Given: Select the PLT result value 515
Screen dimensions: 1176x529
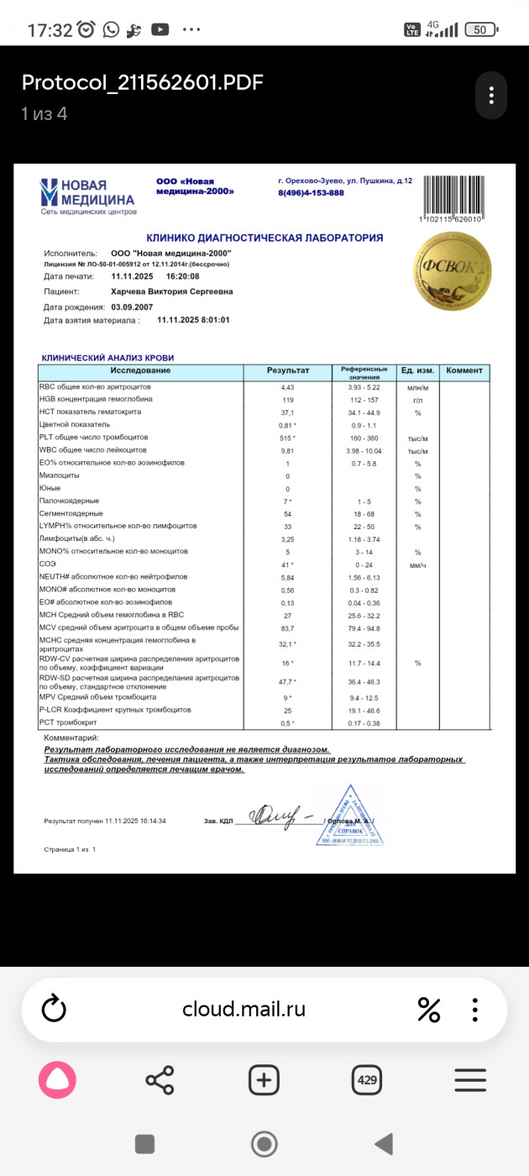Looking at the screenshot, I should coord(287,438).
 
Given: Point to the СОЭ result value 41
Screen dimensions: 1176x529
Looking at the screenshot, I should coord(287,564).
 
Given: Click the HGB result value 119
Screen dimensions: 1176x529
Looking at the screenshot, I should coord(287,400).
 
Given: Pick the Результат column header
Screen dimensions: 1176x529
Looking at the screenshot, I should coord(288,371).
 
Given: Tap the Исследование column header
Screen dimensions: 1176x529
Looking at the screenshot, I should coord(140,371).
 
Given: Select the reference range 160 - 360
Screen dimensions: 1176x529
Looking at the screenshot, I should coord(364,438).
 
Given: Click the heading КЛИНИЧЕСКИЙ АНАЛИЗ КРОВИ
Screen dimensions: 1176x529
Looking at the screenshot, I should coord(107,358).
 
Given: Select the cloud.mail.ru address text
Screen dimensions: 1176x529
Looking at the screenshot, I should coord(244,1009).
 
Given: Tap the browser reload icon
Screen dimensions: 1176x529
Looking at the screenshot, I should coord(54,1009).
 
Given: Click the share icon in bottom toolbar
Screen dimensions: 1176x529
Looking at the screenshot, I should coord(160,1079).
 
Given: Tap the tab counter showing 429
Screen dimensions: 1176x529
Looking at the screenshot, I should coord(367,1079).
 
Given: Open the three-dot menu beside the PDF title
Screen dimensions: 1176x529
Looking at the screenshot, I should coord(490,93).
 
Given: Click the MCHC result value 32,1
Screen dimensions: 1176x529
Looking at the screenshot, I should coord(287,644).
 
